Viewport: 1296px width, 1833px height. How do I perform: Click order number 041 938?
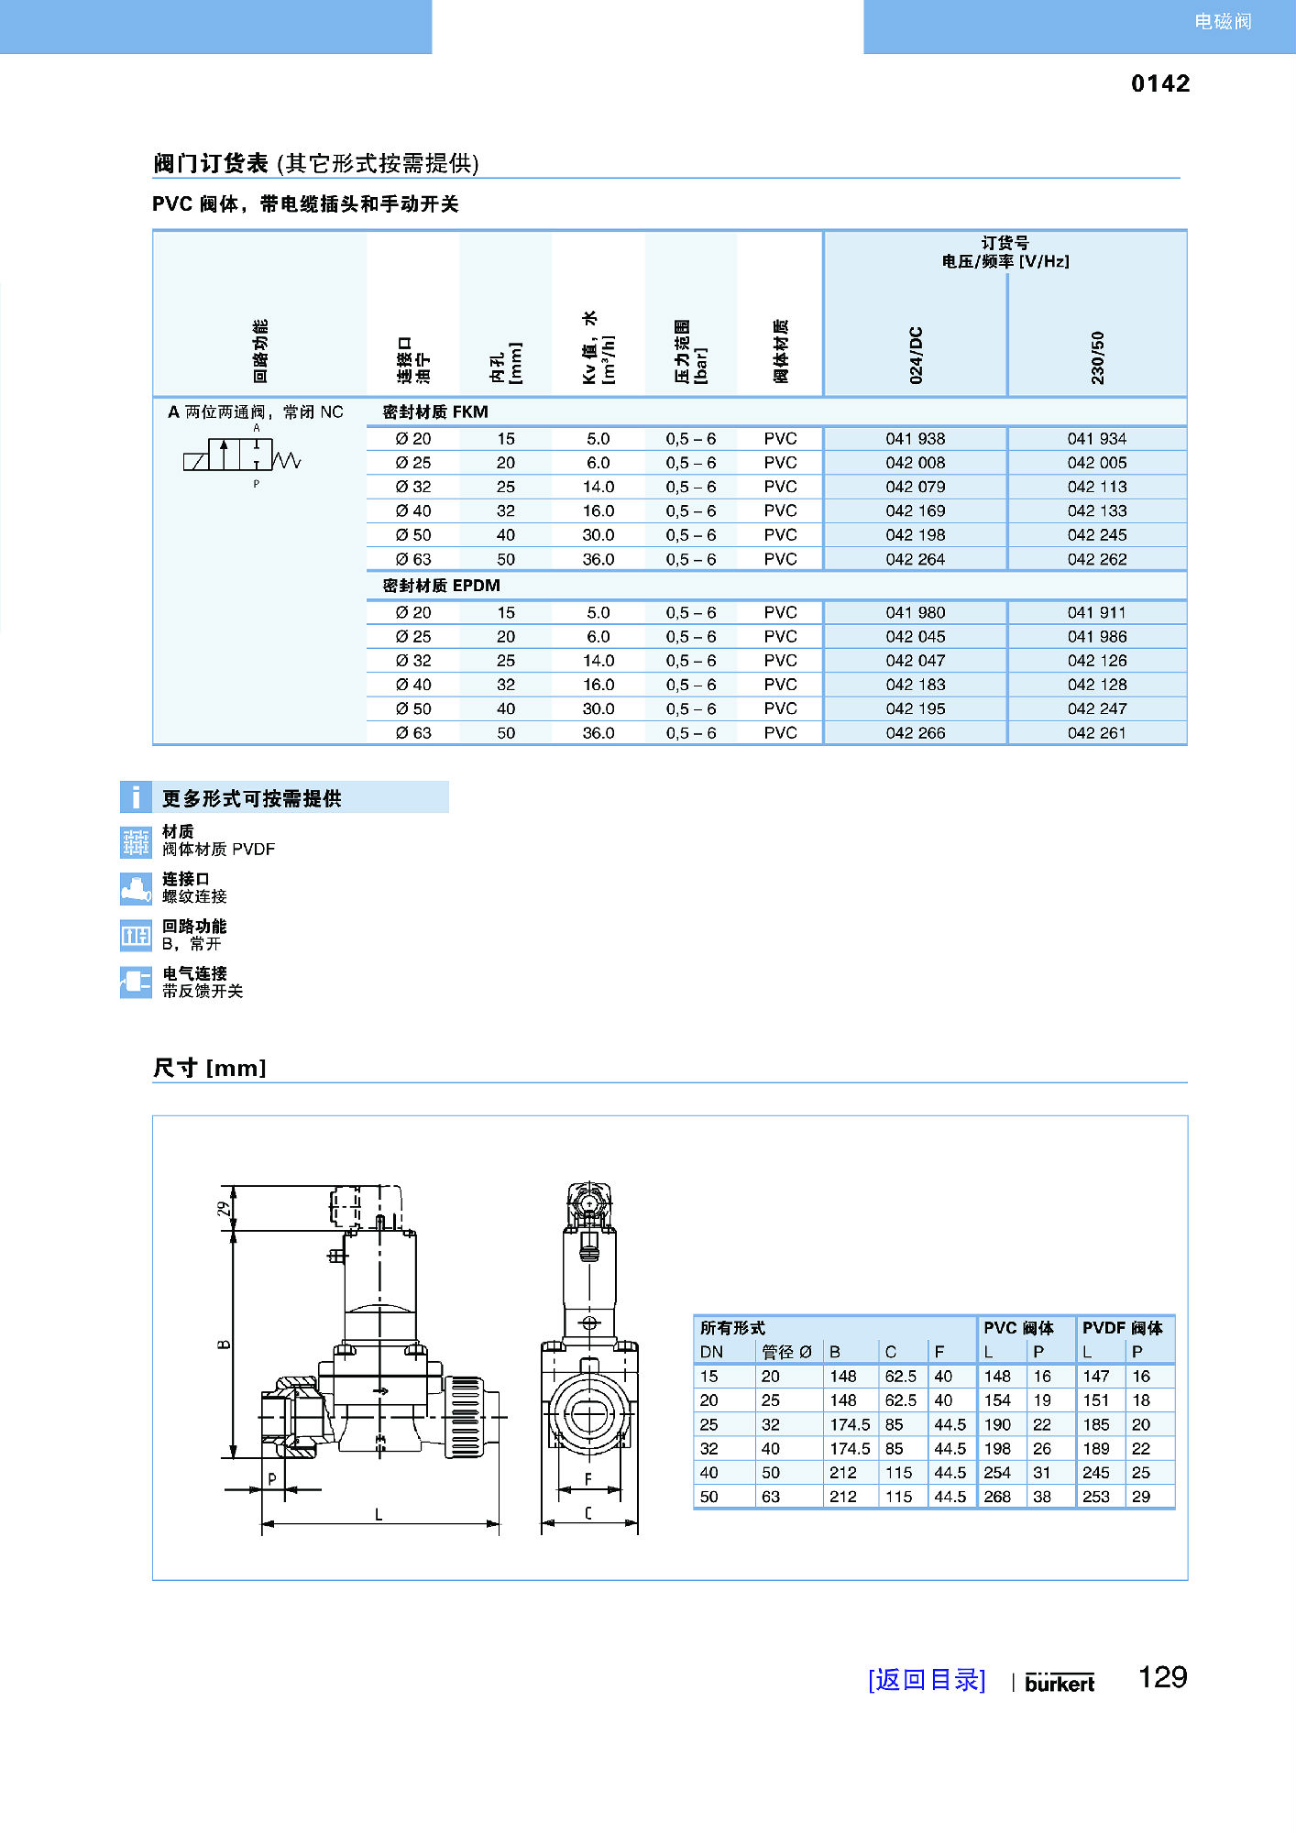click(x=915, y=439)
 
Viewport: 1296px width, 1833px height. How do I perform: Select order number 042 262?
click(x=1096, y=559)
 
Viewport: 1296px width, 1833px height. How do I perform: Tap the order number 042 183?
click(x=915, y=685)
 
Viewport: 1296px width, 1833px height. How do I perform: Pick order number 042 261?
click(x=1096, y=733)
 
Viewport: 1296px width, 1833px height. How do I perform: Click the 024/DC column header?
click(x=916, y=355)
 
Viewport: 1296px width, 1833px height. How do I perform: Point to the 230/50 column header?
click(x=1097, y=357)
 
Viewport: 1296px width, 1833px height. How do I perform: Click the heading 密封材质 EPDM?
click(x=441, y=586)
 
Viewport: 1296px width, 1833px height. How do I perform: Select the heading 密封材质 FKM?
click(x=435, y=412)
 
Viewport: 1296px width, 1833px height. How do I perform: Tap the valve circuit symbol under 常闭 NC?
click(x=242, y=456)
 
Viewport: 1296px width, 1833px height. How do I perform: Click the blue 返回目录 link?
click(x=927, y=1680)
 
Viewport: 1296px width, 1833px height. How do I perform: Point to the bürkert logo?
click(x=1060, y=1683)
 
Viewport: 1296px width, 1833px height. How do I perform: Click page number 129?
click(x=1162, y=1677)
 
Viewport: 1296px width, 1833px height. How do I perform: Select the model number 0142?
click(x=1159, y=83)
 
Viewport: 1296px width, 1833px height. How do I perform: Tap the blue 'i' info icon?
click(x=136, y=797)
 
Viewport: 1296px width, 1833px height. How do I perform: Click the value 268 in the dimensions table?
click(x=997, y=1497)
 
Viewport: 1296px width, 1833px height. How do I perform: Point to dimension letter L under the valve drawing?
click(x=379, y=1516)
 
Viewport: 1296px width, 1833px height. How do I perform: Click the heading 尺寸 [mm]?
click(x=209, y=1068)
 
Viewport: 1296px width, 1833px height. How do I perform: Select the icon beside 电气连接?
click(x=136, y=982)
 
